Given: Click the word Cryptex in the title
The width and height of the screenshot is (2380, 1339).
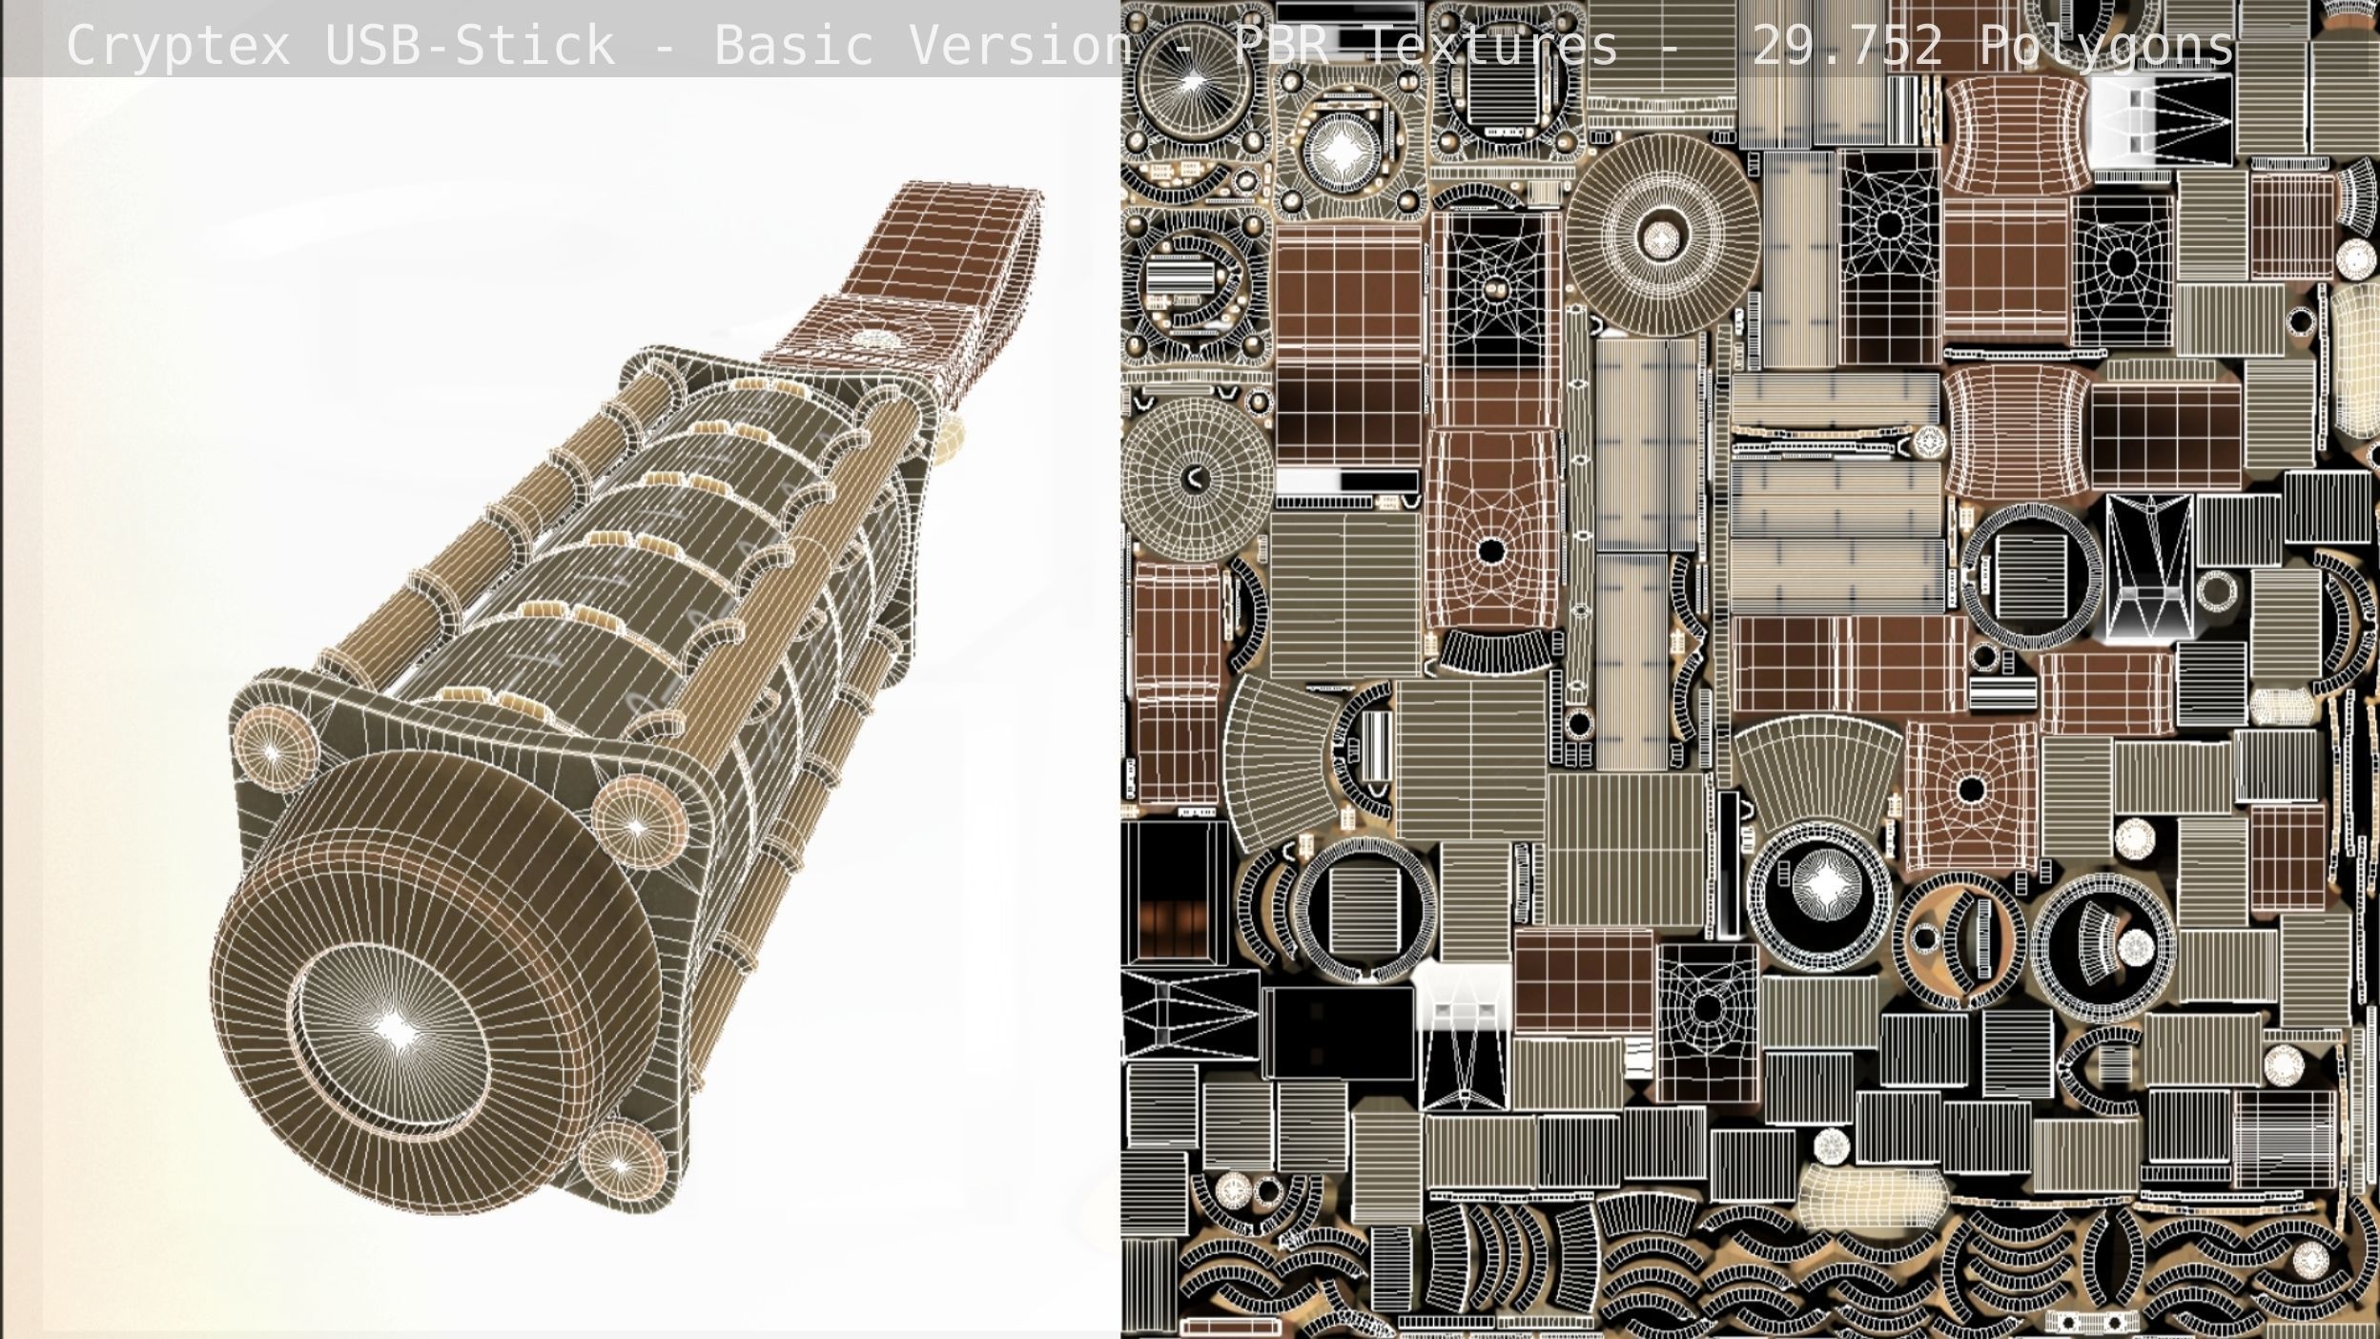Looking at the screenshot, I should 177,46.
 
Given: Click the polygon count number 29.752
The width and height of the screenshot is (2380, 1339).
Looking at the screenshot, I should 1847,46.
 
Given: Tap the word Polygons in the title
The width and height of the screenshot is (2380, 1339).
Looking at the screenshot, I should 2106,46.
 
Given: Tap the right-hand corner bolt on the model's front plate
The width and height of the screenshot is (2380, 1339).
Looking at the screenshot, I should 637,826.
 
